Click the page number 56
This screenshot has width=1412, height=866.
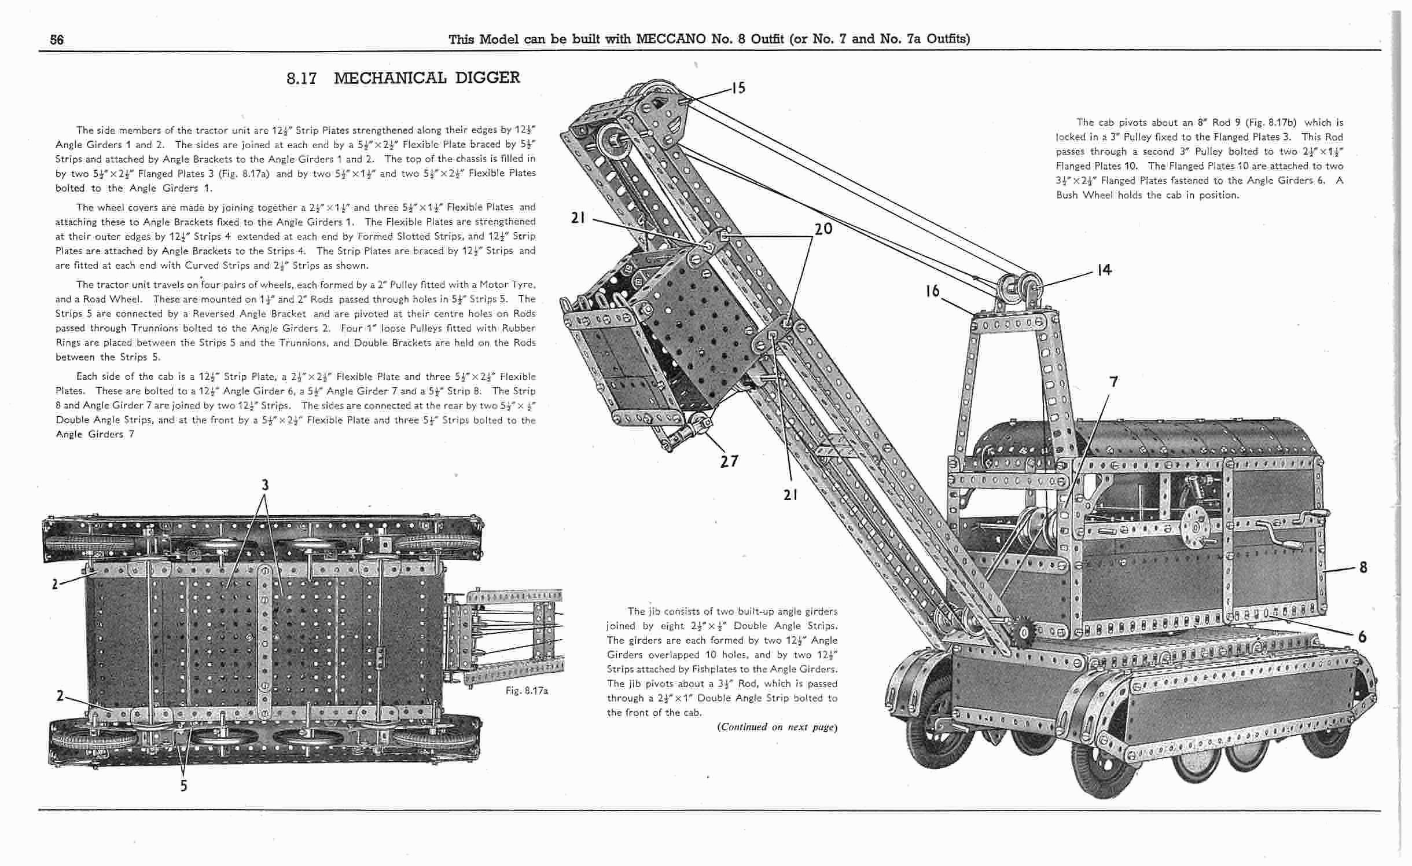(x=57, y=39)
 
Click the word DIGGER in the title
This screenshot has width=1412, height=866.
(x=487, y=78)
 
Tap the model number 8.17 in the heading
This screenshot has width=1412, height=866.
(x=301, y=79)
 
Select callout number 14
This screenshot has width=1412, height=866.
(x=1104, y=270)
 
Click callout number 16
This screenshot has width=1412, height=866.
(x=932, y=291)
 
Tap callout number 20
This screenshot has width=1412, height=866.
(x=823, y=229)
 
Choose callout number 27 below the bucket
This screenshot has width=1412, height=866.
(x=729, y=461)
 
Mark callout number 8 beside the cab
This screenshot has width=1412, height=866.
(x=1363, y=567)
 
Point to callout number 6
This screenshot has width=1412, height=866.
(x=1362, y=637)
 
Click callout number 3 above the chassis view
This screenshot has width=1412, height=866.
(x=265, y=485)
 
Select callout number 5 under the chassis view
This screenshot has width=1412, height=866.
(x=183, y=786)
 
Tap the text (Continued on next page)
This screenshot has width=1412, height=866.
(x=777, y=727)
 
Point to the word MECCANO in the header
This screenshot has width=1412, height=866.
(x=670, y=39)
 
